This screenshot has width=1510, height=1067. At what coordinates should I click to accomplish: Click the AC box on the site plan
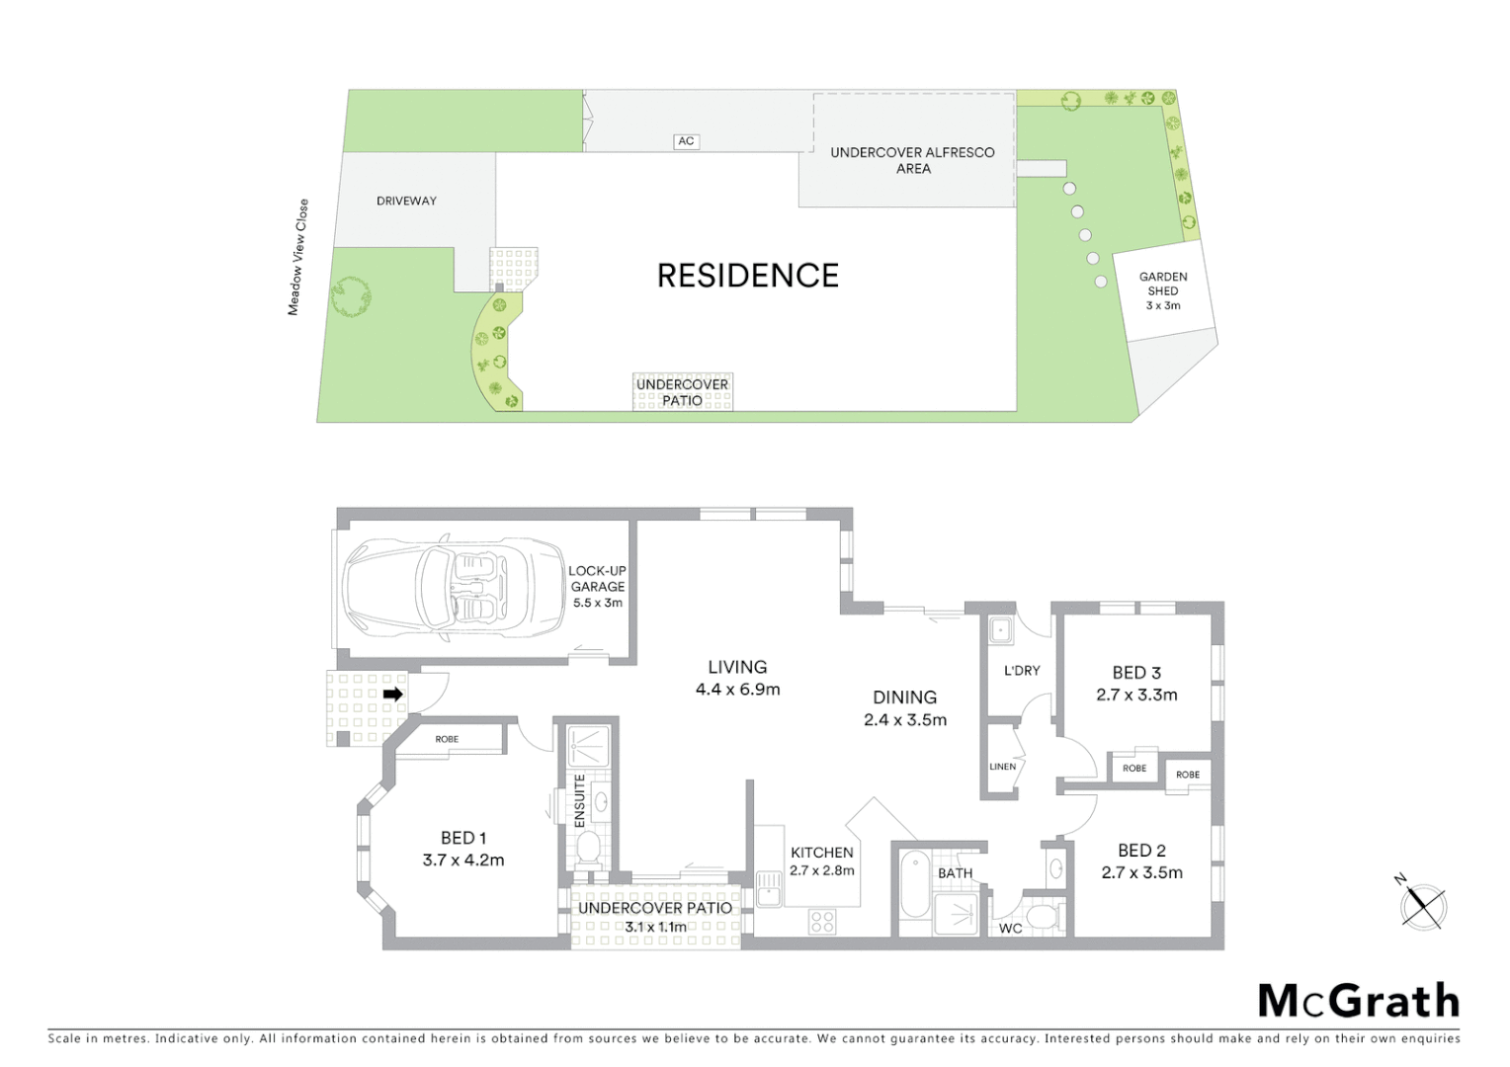686,141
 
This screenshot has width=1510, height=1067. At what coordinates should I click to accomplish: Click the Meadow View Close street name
297,257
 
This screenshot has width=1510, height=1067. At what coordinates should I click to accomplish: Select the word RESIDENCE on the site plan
747,276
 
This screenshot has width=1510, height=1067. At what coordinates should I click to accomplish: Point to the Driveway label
406,201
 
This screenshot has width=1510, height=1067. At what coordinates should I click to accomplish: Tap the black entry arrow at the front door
392,695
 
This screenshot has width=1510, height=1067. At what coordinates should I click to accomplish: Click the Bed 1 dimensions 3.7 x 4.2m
463,861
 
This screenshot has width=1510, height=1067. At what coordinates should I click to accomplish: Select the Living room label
737,667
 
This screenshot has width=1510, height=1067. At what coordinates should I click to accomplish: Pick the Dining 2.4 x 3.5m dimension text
905,720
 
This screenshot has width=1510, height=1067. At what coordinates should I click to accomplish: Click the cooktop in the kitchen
822,922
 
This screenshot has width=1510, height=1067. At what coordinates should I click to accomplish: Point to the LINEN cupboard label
1002,767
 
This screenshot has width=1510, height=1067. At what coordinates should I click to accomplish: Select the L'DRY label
1022,671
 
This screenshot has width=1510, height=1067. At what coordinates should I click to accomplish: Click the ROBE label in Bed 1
447,739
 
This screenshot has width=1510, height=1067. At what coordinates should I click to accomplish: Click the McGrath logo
1358,1001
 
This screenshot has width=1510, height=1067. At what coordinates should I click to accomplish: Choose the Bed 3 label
1136,673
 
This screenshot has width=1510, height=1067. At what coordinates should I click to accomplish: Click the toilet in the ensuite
589,848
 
